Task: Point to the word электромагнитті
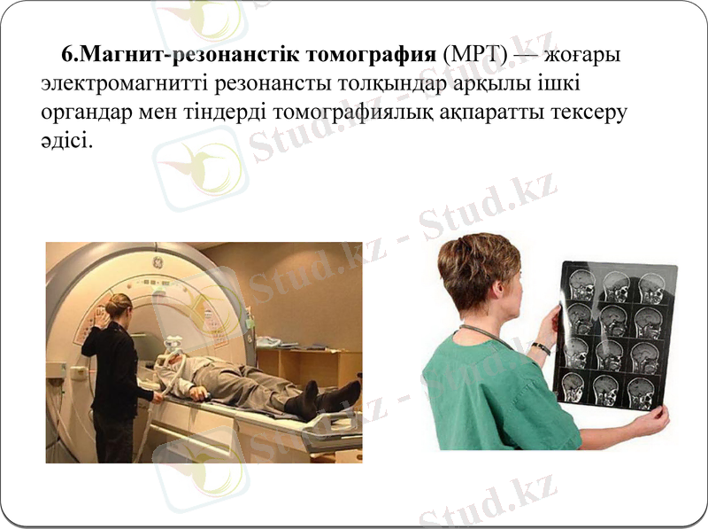pos(128,86)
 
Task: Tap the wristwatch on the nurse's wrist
pos(541,348)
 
